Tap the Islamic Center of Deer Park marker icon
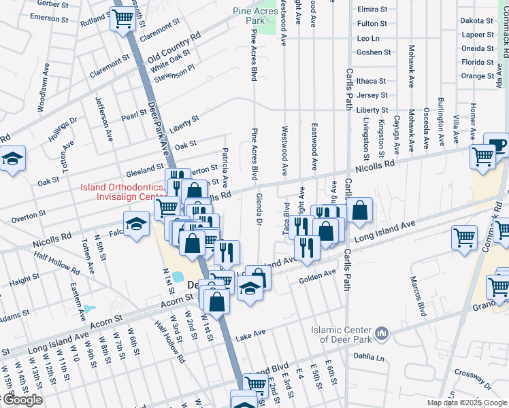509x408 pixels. click(x=382, y=333)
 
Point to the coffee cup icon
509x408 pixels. click(x=495, y=143)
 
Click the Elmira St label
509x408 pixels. click(x=372, y=10)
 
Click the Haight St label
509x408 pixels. click(x=24, y=279)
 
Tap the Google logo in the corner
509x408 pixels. click(x=22, y=400)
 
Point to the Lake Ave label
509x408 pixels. click(x=250, y=335)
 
